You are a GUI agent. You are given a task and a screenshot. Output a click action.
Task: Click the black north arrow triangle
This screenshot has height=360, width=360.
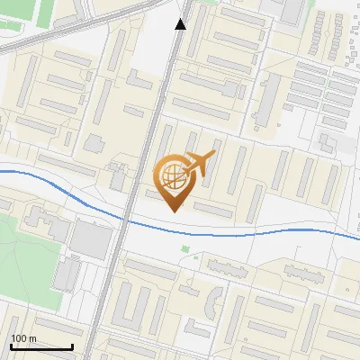tap(181, 24)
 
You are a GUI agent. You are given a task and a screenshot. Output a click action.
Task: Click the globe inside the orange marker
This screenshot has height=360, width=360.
tap(172, 176)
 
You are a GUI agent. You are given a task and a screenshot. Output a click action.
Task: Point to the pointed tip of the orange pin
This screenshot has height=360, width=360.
tap(172, 211)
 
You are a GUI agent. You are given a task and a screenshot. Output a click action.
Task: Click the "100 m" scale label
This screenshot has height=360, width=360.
tap(24, 338)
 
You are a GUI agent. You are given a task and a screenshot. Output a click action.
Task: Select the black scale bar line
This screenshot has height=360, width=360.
tap(41, 346)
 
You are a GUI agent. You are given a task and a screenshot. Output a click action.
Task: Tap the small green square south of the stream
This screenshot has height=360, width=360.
tap(185, 249)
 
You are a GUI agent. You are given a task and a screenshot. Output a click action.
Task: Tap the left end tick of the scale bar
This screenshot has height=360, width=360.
tap(11, 345)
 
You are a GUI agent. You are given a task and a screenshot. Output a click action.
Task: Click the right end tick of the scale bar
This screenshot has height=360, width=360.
tap(72, 345)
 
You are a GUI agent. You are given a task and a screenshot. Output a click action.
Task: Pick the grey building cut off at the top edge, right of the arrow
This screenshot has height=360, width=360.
tap(292, 9)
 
